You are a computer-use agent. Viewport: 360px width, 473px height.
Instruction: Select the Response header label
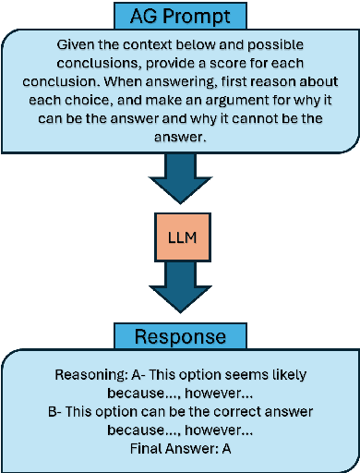click(x=180, y=335)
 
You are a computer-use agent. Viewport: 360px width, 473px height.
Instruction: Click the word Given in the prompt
click(x=77, y=44)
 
